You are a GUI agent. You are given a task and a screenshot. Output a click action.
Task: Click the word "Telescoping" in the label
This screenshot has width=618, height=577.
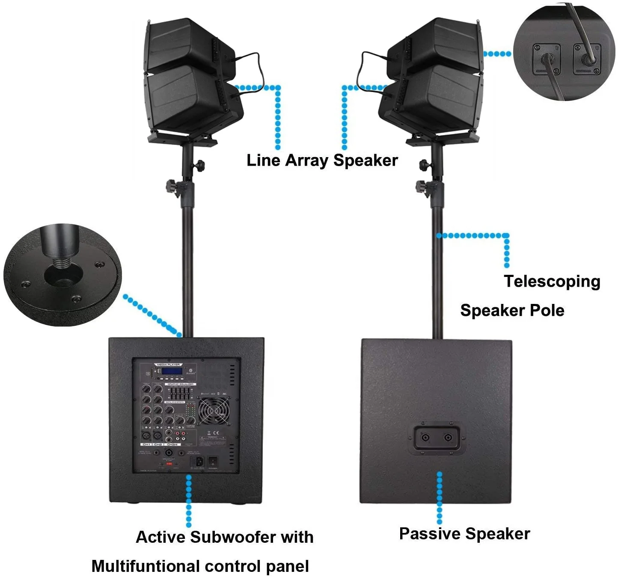point(552,282)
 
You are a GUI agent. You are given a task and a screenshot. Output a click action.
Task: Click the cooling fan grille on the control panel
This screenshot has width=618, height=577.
point(214,412)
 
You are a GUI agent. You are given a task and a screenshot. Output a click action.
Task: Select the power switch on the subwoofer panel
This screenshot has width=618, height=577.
point(213,461)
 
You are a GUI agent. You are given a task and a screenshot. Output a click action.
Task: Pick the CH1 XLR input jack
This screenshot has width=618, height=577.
point(146,435)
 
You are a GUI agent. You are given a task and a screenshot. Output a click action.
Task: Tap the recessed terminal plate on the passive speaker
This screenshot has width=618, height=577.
point(437,437)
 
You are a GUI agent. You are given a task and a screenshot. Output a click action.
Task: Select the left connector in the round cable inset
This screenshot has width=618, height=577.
point(547,59)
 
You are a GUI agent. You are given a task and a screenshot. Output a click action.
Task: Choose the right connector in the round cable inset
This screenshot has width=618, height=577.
point(587,58)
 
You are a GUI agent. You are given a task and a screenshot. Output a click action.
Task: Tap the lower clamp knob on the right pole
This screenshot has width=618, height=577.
point(422,187)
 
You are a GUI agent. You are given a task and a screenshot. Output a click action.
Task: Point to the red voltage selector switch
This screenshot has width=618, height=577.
point(168,463)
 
